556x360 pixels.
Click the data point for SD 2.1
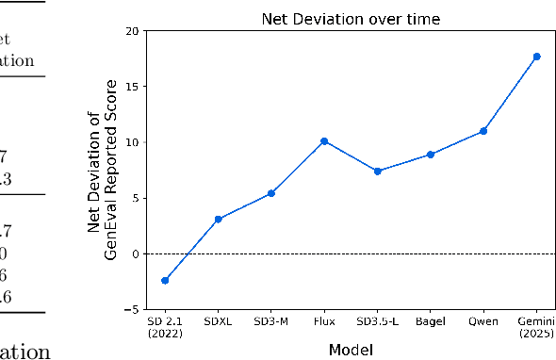click(165, 281)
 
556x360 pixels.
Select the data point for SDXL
click(218, 220)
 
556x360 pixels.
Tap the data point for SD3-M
click(271, 193)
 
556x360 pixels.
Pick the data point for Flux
click(324, 141)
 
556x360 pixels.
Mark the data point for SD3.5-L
click(377, 172)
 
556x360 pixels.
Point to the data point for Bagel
click(431, 155)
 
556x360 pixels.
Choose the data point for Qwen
click(483, 131)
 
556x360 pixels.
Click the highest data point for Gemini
click(536, 57)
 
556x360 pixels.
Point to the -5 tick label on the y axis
click(132, 309)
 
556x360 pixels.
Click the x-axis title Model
click(351, 350)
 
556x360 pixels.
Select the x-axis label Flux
click(324, 321)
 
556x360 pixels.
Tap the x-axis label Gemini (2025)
click(536, 326)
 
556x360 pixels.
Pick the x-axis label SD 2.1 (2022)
click(165, 326)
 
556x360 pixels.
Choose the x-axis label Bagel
click(431, 321)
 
